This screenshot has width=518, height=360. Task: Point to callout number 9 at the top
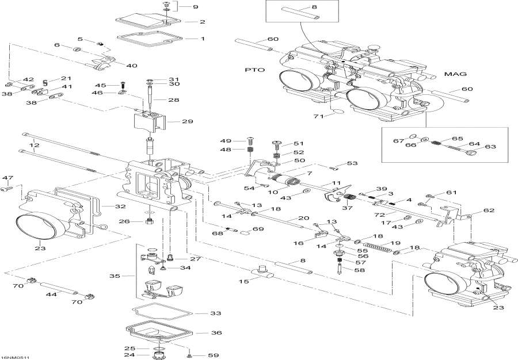(195, 7)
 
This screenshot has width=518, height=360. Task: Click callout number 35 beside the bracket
(115, 276)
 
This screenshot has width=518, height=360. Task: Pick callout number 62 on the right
(489, 210)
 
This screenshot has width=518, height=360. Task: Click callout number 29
(188, 121)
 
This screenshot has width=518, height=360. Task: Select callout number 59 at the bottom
(213, 355)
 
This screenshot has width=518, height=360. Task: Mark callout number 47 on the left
(7, 177)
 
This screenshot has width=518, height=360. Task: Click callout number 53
(352, 164)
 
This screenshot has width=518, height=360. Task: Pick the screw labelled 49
(250, 140)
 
